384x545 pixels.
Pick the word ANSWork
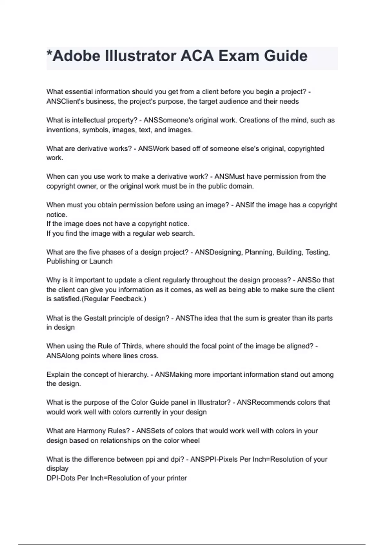pyautogui.click(x=154, y=149)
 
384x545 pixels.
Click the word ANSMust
pyautogui.click(x=229, y=177)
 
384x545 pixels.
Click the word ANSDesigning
pyautogui.click(x=219, y=252)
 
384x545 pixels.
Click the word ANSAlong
pyautogui.click(x=63, y=356)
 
